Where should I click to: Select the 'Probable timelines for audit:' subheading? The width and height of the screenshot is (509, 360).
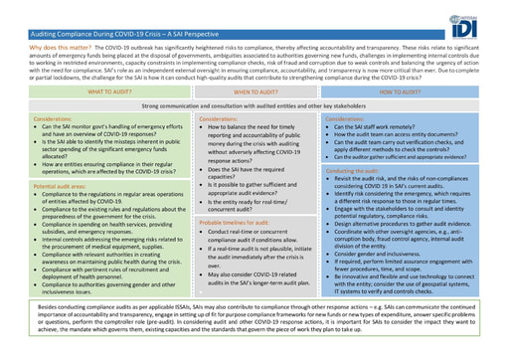point(232,221)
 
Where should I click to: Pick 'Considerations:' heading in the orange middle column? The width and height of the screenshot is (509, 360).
point(219,117)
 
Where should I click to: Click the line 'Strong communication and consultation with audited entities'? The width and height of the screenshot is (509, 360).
point(254,104)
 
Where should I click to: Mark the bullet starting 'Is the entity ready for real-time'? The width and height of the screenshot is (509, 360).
point(249,205)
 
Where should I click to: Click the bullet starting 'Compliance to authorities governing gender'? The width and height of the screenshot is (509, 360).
point(99,287)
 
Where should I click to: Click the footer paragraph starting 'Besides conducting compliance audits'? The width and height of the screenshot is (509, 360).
point(254,324)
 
